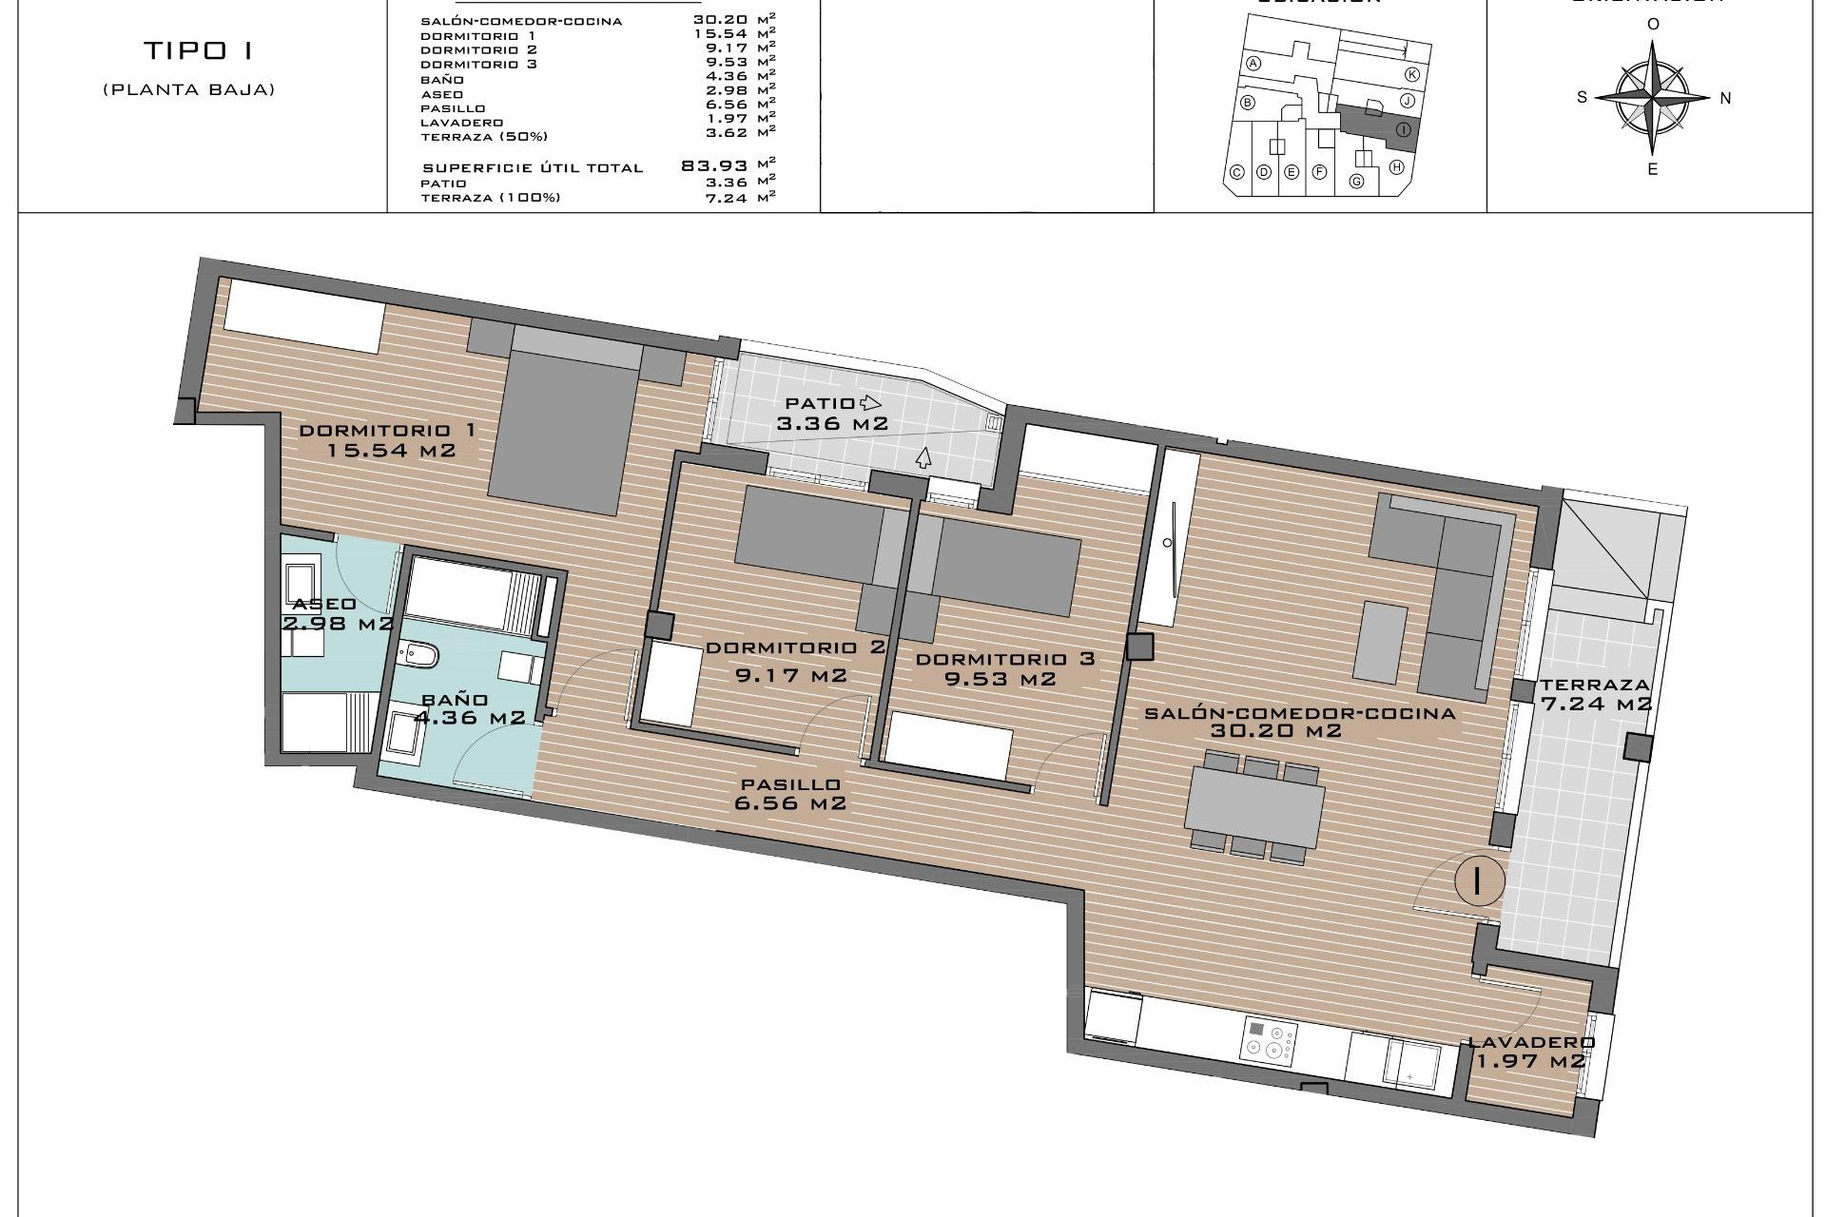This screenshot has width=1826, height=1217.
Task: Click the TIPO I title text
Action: click(x=198, y=50)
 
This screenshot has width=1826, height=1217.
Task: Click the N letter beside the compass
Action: click(x=1725, y=98)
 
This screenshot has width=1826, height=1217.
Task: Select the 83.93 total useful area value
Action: click(x=714, y=166)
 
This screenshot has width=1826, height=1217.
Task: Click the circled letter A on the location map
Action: click(x=1253, y=64)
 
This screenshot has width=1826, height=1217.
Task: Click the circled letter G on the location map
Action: click(x=1356, y=182)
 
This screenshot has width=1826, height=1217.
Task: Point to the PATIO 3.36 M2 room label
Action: click(x=831, y=414)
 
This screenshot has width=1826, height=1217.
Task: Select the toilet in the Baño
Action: click(x=419, y=655)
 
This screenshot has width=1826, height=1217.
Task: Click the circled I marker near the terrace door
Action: click(x=1477, y=880)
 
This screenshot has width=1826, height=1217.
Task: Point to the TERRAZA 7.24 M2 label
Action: click(x=1595, y=694)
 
